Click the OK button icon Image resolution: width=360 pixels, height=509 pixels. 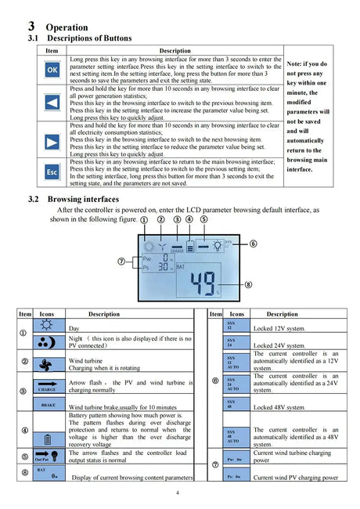point(52,70)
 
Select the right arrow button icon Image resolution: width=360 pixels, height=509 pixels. point(52,141)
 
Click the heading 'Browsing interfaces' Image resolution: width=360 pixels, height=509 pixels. point(84,199)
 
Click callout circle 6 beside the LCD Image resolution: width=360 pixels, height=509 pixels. point(253,244)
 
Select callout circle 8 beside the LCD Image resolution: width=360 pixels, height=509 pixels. point(248,283)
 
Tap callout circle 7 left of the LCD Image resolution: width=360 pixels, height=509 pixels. point(121,261)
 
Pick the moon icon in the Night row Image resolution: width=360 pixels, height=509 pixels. point(47,341)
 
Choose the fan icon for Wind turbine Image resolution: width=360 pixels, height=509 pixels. point(47,364)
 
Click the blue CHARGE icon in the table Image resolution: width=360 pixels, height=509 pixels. point(47,386)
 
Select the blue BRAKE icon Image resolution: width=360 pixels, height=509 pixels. point(47,406)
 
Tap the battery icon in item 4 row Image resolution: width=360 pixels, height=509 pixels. point(47,439)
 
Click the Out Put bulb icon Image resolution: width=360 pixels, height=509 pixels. point(47,457)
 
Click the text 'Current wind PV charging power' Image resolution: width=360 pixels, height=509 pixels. point(296,477)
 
